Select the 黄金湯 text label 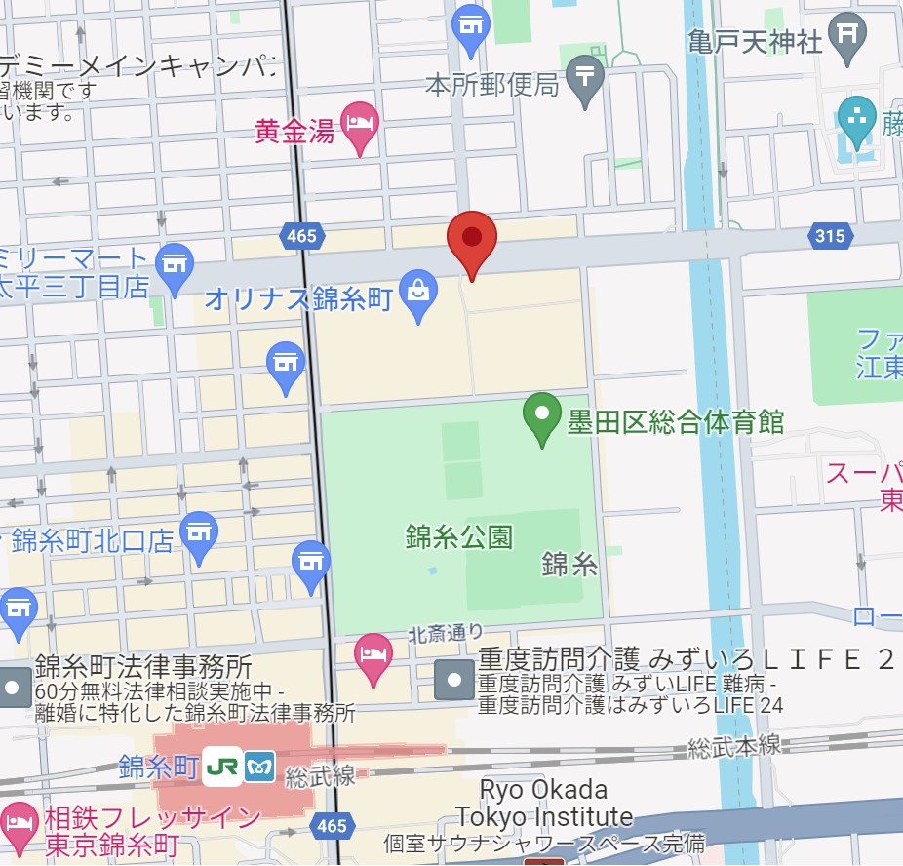point(294,130)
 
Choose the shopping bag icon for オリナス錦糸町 point(419,294)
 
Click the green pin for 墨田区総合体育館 point(541,416)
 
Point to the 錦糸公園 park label point(458,536)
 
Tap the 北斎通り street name point(445,633)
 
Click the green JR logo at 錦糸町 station point(222,767)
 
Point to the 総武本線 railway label point(733,746)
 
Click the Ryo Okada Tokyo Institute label point(544,803)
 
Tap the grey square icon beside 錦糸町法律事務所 point(13,688)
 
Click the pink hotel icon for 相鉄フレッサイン point(18,821)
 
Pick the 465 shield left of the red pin point(301,235)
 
